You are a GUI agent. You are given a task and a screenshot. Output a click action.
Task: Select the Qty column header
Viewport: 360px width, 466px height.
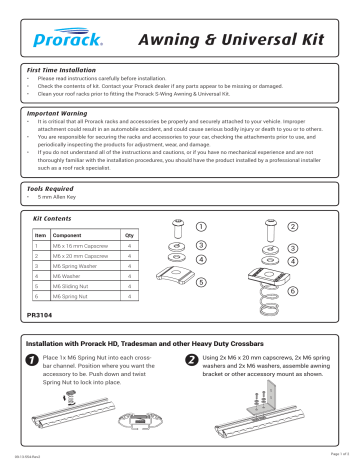coord(129,236)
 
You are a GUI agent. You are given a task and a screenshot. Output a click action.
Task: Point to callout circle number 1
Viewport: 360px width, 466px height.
coord(202,225)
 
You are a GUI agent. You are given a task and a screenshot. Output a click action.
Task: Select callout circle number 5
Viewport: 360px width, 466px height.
coord(201,282)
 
